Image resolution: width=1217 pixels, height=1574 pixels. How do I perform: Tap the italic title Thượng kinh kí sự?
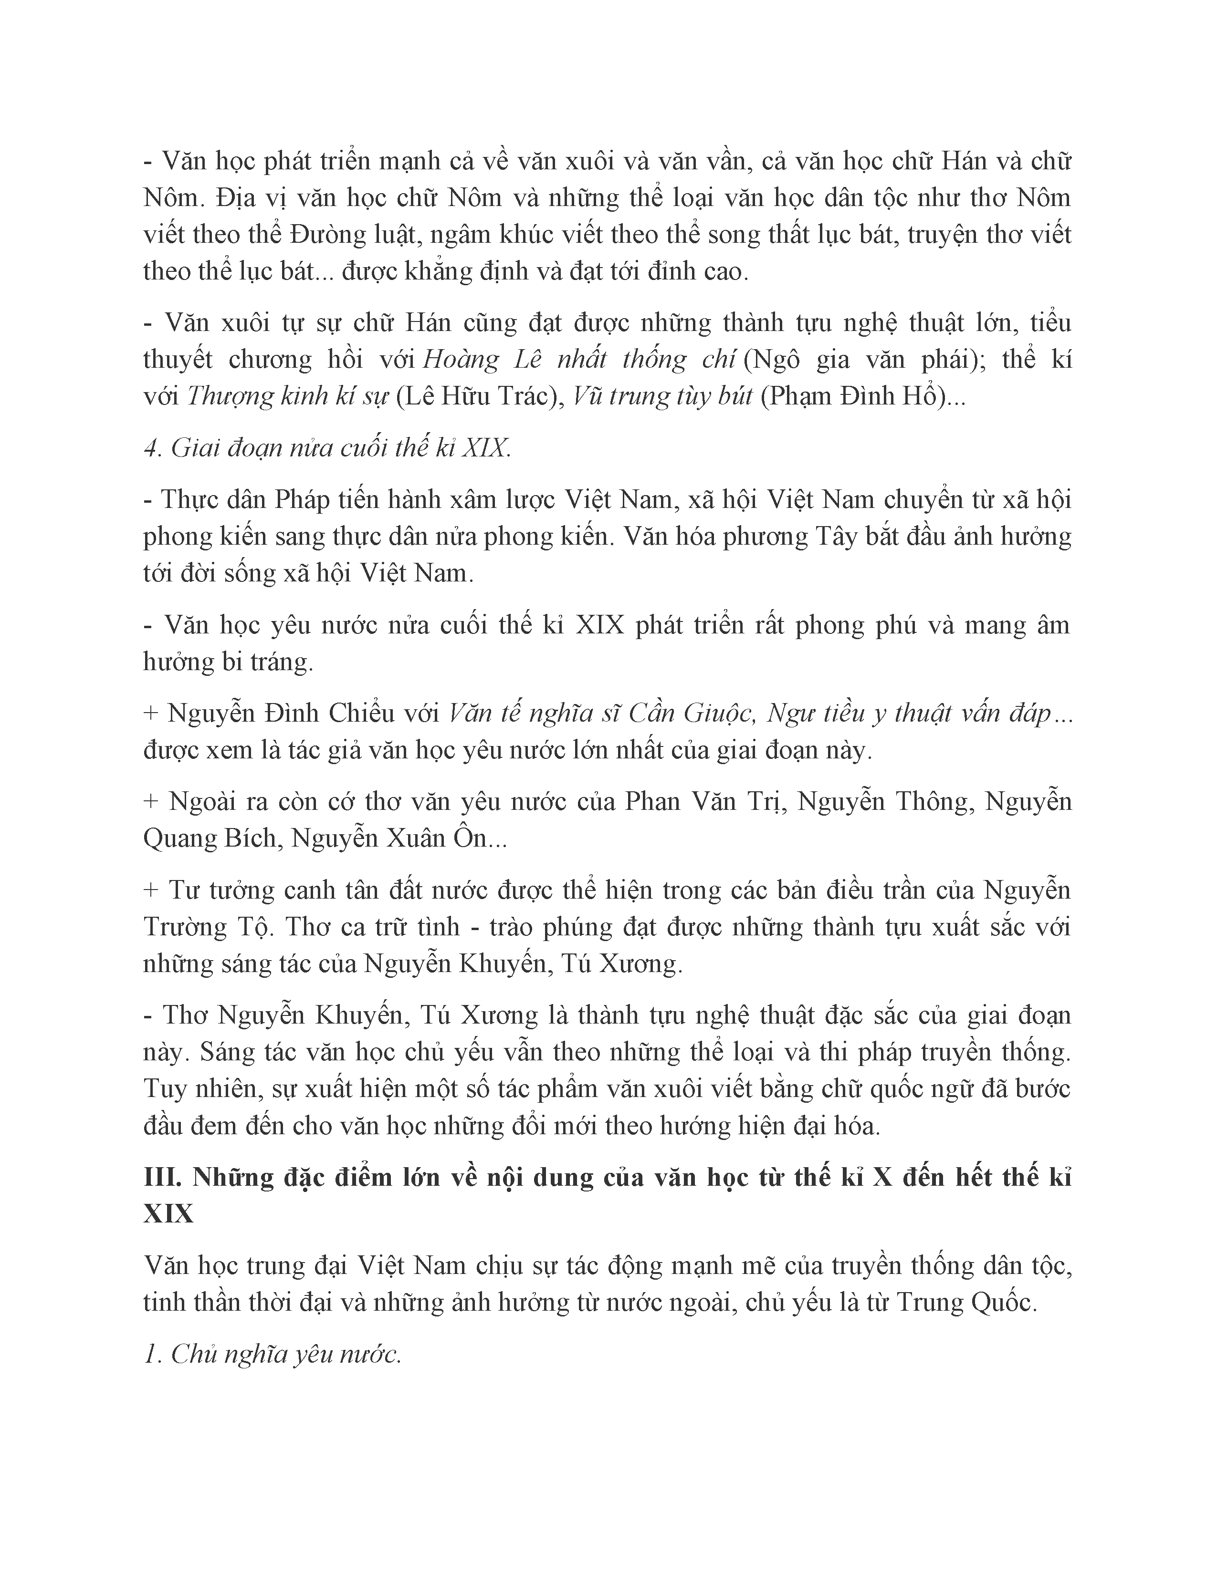coord(288,396)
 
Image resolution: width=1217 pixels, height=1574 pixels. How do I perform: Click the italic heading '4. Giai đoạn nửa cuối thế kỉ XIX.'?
coord(328,448)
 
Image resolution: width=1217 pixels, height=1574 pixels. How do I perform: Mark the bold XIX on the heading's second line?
coord(168,1215)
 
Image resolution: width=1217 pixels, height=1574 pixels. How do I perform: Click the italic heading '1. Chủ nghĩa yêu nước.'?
coord(273,1355)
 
